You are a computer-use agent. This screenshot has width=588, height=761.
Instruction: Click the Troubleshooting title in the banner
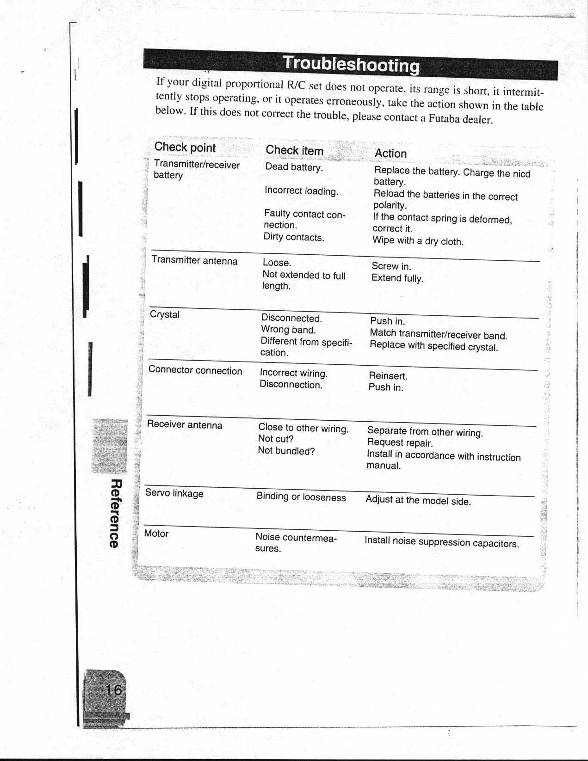351,64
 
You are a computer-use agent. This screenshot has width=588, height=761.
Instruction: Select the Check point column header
185,147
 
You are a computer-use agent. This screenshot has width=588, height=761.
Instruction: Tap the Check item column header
294,150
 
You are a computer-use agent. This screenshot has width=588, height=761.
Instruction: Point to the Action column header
390,153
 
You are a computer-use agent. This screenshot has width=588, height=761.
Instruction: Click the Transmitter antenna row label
194,260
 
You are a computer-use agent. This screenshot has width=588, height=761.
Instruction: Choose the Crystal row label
165,314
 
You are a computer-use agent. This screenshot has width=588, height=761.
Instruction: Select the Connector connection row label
195,370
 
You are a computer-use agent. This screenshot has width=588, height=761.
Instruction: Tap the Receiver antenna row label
185,424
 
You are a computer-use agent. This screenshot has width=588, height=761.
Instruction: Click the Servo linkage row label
174,493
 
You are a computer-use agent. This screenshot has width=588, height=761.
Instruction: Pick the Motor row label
156,534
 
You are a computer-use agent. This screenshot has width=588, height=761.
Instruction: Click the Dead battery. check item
294,167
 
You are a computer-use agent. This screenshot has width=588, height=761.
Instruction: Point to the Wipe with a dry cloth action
418,241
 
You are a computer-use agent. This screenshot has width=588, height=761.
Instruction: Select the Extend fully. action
397,278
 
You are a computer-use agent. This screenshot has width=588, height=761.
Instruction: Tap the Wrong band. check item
288,330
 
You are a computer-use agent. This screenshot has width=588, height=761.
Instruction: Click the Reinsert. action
388,376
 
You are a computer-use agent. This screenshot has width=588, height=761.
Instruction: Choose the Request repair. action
400,442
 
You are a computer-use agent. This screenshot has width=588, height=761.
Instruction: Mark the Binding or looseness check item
301,497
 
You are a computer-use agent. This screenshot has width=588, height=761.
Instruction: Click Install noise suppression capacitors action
442,541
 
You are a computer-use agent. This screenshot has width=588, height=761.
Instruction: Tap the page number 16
113,690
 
